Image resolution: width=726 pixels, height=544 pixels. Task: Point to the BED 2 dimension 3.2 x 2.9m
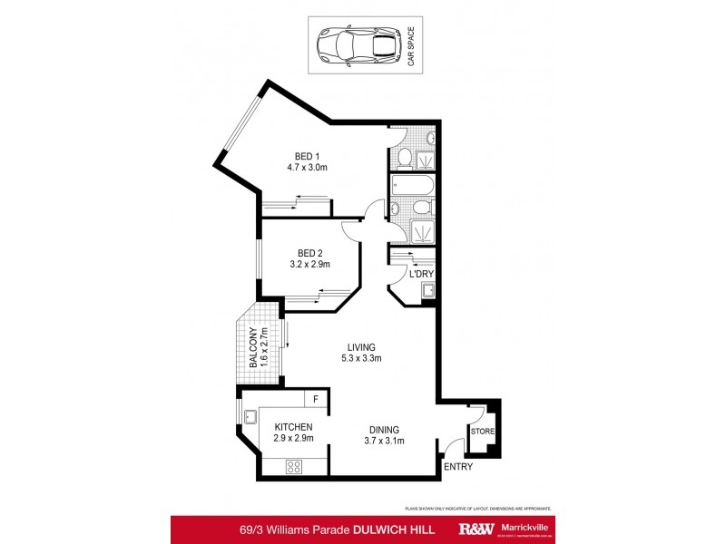pyautogui.click(x=309, y=265)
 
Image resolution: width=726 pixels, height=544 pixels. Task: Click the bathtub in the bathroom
pyautogui.click(x=413, y=188)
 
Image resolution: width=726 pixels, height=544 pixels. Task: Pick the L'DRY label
pyautogui.click(x=420, y=273)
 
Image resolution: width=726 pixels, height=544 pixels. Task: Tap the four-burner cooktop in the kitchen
pyautogui.click(x=295, y=466)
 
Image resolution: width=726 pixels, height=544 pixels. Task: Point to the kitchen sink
pyautogui.click(x=248, y=416)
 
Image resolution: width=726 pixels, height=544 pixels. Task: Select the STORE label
pyautogui.click(x=482, y=431)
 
